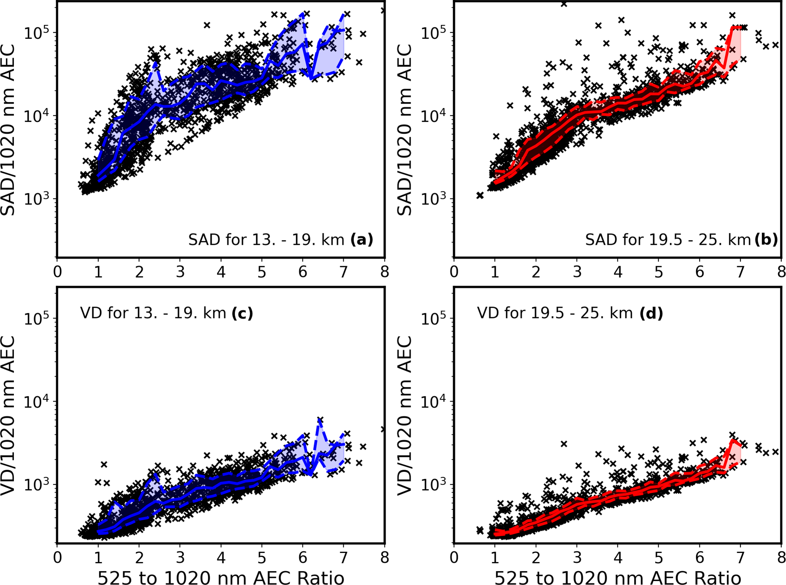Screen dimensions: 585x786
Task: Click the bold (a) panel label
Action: point(362,240)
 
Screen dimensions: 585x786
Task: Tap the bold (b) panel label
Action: point(766,240)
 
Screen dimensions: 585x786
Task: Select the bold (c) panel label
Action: point(242,313)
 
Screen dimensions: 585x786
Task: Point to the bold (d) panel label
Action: point(651,313)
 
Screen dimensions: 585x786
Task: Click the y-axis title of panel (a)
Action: point(8,130)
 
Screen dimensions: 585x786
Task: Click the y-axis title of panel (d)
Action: point(405,415)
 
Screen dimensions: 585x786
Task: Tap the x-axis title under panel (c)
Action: point(221,577)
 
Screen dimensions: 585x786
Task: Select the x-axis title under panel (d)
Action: point(618,577)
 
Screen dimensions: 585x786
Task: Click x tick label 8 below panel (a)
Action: point(384,272)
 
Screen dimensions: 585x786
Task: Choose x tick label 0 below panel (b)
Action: point(454,272)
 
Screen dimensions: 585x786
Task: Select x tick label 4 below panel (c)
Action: point(221,558)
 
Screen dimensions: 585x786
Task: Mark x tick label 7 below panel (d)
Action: point(740,558)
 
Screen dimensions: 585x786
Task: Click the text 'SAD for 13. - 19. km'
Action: point(266,240)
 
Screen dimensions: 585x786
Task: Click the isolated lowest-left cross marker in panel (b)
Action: point(480,195)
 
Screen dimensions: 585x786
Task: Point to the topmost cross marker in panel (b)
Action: point(564,4)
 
